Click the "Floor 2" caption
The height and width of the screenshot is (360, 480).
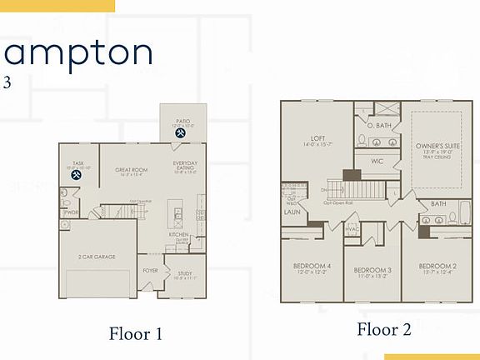[x=384, y=329]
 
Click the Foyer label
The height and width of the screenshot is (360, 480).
[x=150, y=270]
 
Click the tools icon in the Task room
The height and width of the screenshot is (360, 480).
[x=77, y=175]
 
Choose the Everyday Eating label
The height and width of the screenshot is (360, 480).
[x=185, y=165]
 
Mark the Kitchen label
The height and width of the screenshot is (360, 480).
[x=179, y=234]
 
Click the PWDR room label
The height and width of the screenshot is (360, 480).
[x=71, y=212]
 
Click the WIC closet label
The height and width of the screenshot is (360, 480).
[x=377, y=160]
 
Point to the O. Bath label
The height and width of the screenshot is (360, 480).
[x=378, y=126]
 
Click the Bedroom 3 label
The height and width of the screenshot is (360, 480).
[x=372, y=271]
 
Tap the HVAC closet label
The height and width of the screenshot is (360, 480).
[x=352, y=229]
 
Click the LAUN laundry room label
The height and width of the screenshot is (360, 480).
[x=292, y=212]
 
